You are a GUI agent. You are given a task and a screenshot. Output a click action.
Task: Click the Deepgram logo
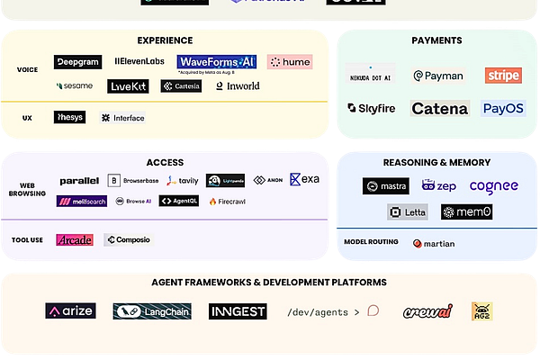(x=76, y=62)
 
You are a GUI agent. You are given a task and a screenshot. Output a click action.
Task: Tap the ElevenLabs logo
(x=139, y=62)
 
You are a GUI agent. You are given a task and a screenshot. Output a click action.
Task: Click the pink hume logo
(x=290, y=62)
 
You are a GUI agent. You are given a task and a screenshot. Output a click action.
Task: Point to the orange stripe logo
(x=502, y=76)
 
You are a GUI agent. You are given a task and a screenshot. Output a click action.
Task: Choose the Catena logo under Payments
(x=440, y=109)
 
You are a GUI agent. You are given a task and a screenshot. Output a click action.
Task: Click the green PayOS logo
(x=502, y=109)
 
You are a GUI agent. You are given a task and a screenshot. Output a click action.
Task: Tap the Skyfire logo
(x=372, y=109)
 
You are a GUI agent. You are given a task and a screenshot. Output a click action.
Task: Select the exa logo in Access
(x=304, y=180)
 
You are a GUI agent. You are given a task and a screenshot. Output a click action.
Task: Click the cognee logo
(x=494, y=186)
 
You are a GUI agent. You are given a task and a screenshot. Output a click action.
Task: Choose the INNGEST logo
(x=238, y=311)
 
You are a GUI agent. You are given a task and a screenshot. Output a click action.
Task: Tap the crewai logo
(x=427, y=311)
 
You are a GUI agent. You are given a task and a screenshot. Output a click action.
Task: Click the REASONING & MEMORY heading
(x=436, y=162)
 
